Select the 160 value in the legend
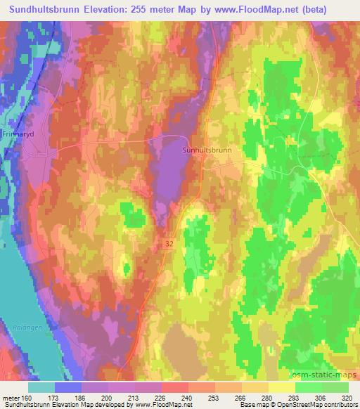coord(27,397)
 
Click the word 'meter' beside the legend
coord(10,397)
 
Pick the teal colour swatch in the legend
coord(42,387)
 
